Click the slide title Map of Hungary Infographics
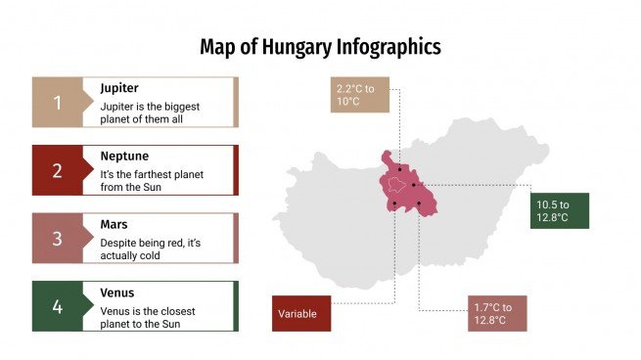320,46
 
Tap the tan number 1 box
57,103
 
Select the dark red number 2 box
57,170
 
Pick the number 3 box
57,239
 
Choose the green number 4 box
57,306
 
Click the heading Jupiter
119,88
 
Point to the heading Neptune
124,156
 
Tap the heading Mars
114,224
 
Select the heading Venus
117,292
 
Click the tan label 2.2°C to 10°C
359,95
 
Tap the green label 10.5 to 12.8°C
560,210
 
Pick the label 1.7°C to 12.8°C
496,313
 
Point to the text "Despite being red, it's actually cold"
150,247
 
